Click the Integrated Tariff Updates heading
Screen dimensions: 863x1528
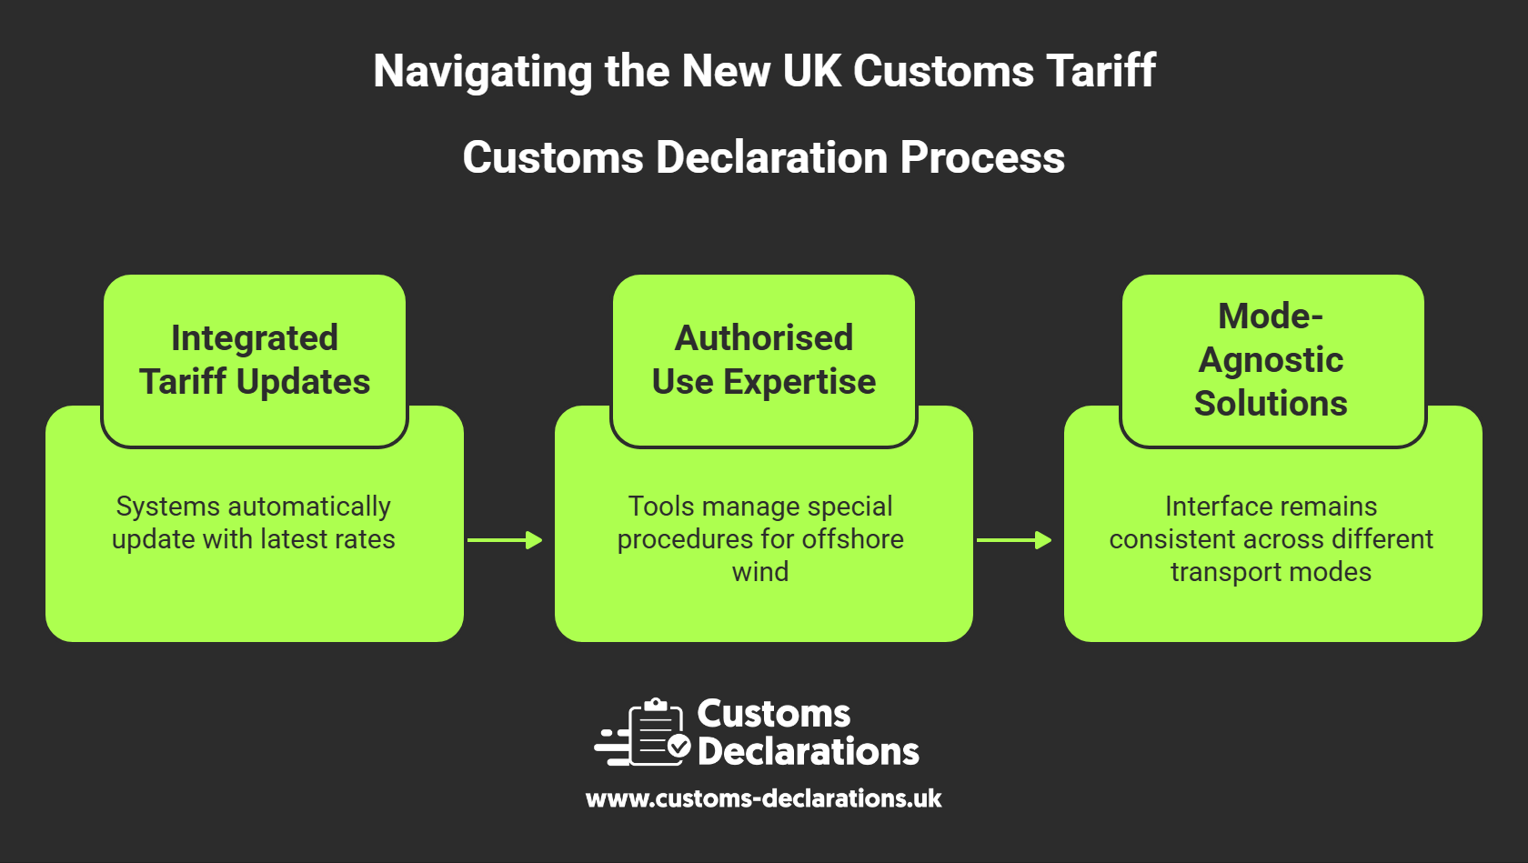click(x=255, y=360)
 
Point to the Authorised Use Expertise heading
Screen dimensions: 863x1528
click(x=764, y=360)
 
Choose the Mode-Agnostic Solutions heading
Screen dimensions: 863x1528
click(x=1272, y=360)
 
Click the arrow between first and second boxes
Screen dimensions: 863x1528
click(x=505, y=540)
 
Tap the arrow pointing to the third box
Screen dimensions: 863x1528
click(x=1014, y=540)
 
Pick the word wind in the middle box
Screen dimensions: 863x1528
click(x=760, y=572)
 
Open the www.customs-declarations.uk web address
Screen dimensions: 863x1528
click(x=764, y=798)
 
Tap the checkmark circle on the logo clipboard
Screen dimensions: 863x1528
click(x=679, y=747)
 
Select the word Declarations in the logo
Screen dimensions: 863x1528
click(x=809, y=752)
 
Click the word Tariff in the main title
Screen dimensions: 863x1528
click(x=1101, y=71)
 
